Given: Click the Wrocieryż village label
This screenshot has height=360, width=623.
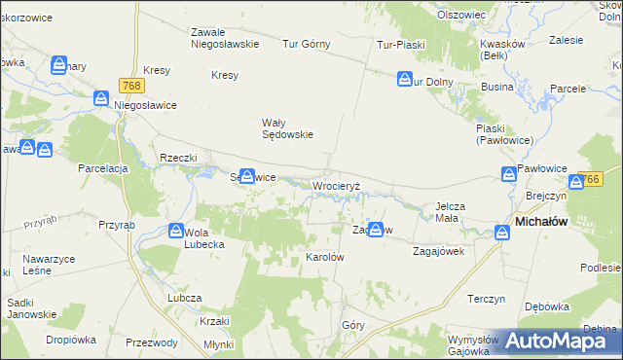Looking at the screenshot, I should click(337, 185).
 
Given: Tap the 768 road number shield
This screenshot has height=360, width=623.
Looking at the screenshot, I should click(134, 86).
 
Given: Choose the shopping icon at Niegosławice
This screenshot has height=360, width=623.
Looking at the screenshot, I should click(102, 98).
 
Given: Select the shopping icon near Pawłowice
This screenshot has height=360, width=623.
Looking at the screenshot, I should click(508, 174).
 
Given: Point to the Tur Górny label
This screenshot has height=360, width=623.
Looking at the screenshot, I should click(307, 44).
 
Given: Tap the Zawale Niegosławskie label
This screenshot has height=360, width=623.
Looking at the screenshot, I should click(224, 37).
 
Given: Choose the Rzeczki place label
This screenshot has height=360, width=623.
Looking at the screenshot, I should click(179, 158).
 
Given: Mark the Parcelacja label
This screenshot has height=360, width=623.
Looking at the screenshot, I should click(103, 168).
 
